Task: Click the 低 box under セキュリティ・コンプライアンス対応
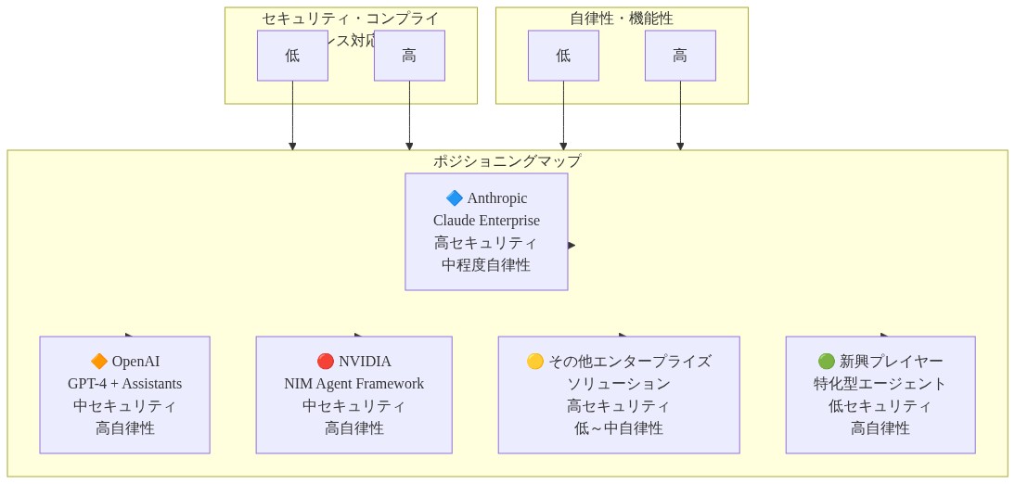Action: [x=292, y=56]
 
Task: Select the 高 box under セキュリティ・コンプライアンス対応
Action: [x=409, y=56]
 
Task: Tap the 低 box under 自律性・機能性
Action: [x=563, y=56]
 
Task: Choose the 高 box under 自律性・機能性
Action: [x=680, y=56]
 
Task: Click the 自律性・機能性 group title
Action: [x=622, y=19]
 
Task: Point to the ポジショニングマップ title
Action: [x=507, y=161]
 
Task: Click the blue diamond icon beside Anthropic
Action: [x=455, y=198]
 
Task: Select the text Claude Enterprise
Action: [x=486, y=221]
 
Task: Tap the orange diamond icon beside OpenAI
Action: [x=99, y=362]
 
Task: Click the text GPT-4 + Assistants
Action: [x=124, y=384]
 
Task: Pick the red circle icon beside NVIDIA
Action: [x=326, y=362]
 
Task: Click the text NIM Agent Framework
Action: [x=353, y=384]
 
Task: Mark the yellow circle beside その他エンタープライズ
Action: [x=535, y=362]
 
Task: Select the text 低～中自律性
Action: [x=618, y=428]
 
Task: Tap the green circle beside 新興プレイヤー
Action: [x=827, y=362]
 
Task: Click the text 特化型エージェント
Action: [x=880, y=384]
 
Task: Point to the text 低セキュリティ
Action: [x=880, y=406]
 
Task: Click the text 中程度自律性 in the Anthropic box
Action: [x=486, y=265]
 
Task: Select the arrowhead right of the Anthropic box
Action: [x=572, y=246]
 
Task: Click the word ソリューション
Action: [x=618, y=384]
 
